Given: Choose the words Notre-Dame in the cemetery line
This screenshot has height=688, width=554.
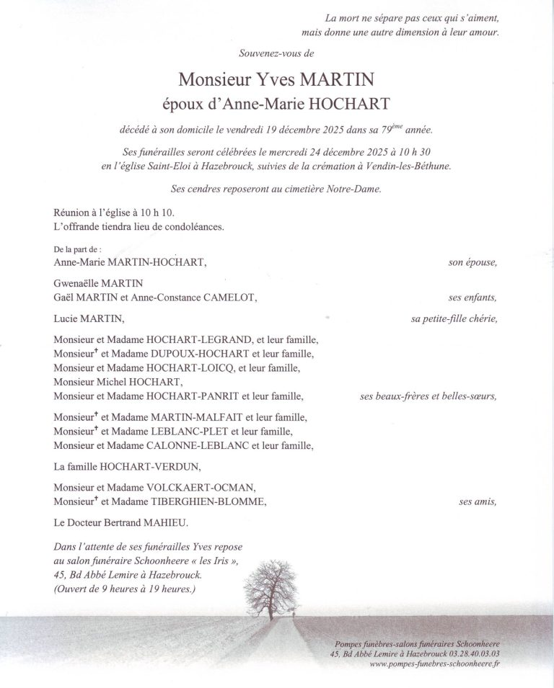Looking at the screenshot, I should (356, 189).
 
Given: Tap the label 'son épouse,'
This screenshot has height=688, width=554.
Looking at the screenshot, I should (472, 263).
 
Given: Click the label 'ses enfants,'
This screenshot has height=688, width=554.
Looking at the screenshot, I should (473, 297).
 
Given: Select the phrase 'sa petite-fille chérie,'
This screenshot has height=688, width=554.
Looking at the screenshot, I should (454, 318).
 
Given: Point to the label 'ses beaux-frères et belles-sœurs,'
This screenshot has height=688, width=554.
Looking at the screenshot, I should (428, 396).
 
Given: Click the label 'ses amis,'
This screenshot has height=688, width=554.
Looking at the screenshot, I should (478, 501).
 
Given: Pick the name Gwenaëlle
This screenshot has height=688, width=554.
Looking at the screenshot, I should (77, 284).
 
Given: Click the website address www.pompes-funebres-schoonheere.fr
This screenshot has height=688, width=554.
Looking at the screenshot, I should (434, 664).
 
